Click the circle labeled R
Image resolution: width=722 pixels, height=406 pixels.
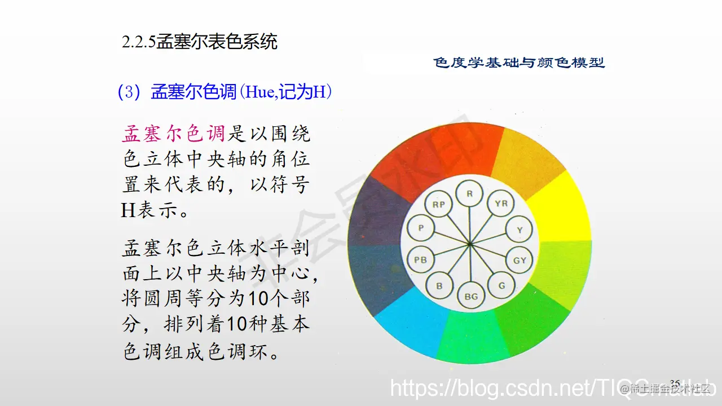(x=469, y=194)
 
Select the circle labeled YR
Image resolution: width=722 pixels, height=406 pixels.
(x=500, y=204)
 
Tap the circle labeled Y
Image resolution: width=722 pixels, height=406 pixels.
(x=520, y=230)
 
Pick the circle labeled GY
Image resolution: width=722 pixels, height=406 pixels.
(x=520, y=260)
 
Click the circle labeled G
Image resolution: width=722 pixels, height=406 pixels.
(x=501, y=285)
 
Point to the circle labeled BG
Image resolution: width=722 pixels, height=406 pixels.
(x=470, y=295)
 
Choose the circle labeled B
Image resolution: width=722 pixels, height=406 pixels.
(x=439, y=286)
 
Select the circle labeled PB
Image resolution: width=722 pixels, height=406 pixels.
(x=420, y=260)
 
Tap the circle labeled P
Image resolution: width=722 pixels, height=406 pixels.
(x=420, y=228)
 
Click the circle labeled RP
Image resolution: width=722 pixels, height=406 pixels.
(x=438, y=205)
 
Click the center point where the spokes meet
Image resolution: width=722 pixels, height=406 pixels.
(x=470, y=244)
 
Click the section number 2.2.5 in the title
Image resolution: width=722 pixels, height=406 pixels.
(x=139, y=42)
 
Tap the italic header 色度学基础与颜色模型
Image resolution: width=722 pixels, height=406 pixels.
(x=519, y=63)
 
